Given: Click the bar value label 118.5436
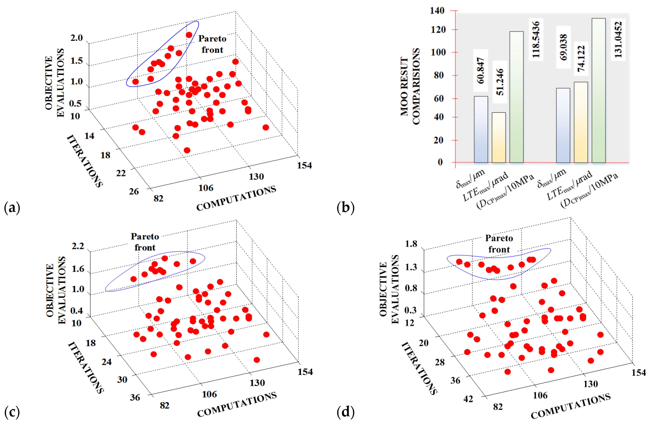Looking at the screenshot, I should coord(536,39).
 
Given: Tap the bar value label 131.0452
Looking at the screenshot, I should coord(618,39).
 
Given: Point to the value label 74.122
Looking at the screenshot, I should coord(581,59).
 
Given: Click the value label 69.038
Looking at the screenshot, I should coord(563,47).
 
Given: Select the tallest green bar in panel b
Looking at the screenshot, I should coord(598,90).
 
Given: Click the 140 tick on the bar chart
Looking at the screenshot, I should coord(437,11).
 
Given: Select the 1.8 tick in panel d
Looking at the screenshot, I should coord(411,244).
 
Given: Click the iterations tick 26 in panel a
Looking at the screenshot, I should coord(134,191).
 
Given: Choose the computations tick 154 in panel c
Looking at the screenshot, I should coord(305,372).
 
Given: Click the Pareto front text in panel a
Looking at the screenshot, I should coord(212,44).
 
